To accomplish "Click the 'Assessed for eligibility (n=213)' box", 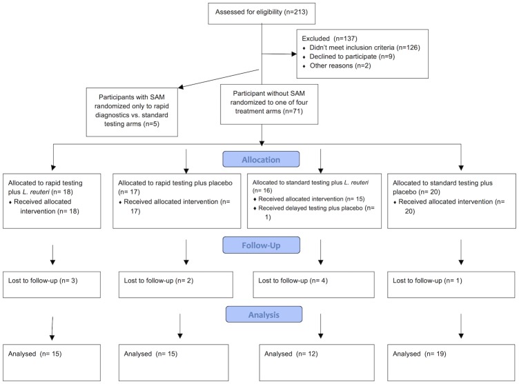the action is [262, 14].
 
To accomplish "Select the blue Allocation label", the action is [261, 159].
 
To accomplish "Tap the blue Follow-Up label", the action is [261, 245].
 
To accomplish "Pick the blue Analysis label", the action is [264, 314].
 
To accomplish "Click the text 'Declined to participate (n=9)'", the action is [352, 57].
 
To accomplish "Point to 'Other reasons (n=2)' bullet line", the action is [340, 65].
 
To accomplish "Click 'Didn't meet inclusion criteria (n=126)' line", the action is [364, 48].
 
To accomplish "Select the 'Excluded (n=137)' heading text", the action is [329, 39].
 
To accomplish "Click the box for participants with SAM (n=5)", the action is [132, 112].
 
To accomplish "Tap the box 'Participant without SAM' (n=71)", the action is [269, 104].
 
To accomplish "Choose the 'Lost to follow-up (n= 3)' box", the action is [52, 285].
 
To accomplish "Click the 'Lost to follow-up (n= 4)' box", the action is [314, 285].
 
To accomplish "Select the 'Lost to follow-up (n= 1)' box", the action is [451, 285].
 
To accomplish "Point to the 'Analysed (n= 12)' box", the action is [317, 363].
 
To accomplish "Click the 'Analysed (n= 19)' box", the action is [451, 363].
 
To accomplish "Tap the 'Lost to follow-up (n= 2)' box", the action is [176, 285].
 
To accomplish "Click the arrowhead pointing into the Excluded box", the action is [294, 54].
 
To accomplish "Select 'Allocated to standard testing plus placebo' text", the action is [442, 188].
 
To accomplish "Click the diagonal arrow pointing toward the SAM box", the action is [219, 79].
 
